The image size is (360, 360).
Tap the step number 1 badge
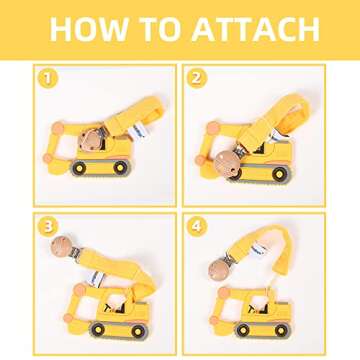tap(44, 76)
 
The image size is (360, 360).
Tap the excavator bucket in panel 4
tap(222, 305)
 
